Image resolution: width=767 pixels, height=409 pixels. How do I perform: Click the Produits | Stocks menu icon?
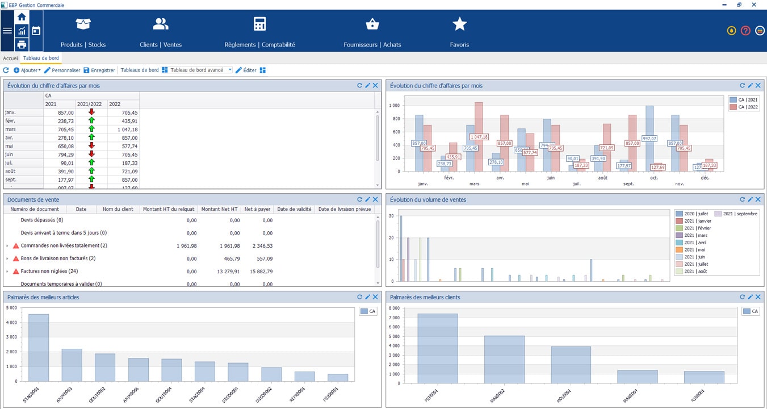pyautogui.click(x=83, y=24)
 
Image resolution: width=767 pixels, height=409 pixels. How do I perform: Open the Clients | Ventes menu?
pyautogui.click(x=161, y=24)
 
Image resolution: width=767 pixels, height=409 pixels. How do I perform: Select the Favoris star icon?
pyautogui.click(x=459, y=24)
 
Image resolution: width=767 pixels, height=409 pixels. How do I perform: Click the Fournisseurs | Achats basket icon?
pyautogui.click(x=372, y=24)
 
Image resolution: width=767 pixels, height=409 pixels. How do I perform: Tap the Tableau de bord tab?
pyautogui.click(x=41, y=58)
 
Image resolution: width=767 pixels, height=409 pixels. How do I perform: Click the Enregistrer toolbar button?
pyautogui.click(x=99, y=70)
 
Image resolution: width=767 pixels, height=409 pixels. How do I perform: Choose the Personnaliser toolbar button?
pyautogui.click(x=62, y=70)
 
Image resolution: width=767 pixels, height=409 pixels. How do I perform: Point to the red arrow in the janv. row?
pyautogui.click(x=91, y=112)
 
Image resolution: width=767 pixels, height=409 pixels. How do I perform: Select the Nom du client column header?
pyautogui.click(x=118, y=209)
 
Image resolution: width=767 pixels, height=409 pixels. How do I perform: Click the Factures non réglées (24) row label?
pyautogui.click(x=49, y=271)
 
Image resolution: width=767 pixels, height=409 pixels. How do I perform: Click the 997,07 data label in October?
pyautogui.click(x=649, y=139)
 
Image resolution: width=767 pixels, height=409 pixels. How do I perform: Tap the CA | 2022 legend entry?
pyautogui.click(x=745, y=107)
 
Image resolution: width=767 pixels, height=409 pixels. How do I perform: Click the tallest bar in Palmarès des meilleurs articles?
pyautogui.click(x=39, y=347)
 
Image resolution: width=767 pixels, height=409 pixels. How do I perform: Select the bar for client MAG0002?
pyautogui.click(x=504, y=360)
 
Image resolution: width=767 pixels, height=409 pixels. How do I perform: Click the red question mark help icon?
pyautogui.click(x=745, y=31)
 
